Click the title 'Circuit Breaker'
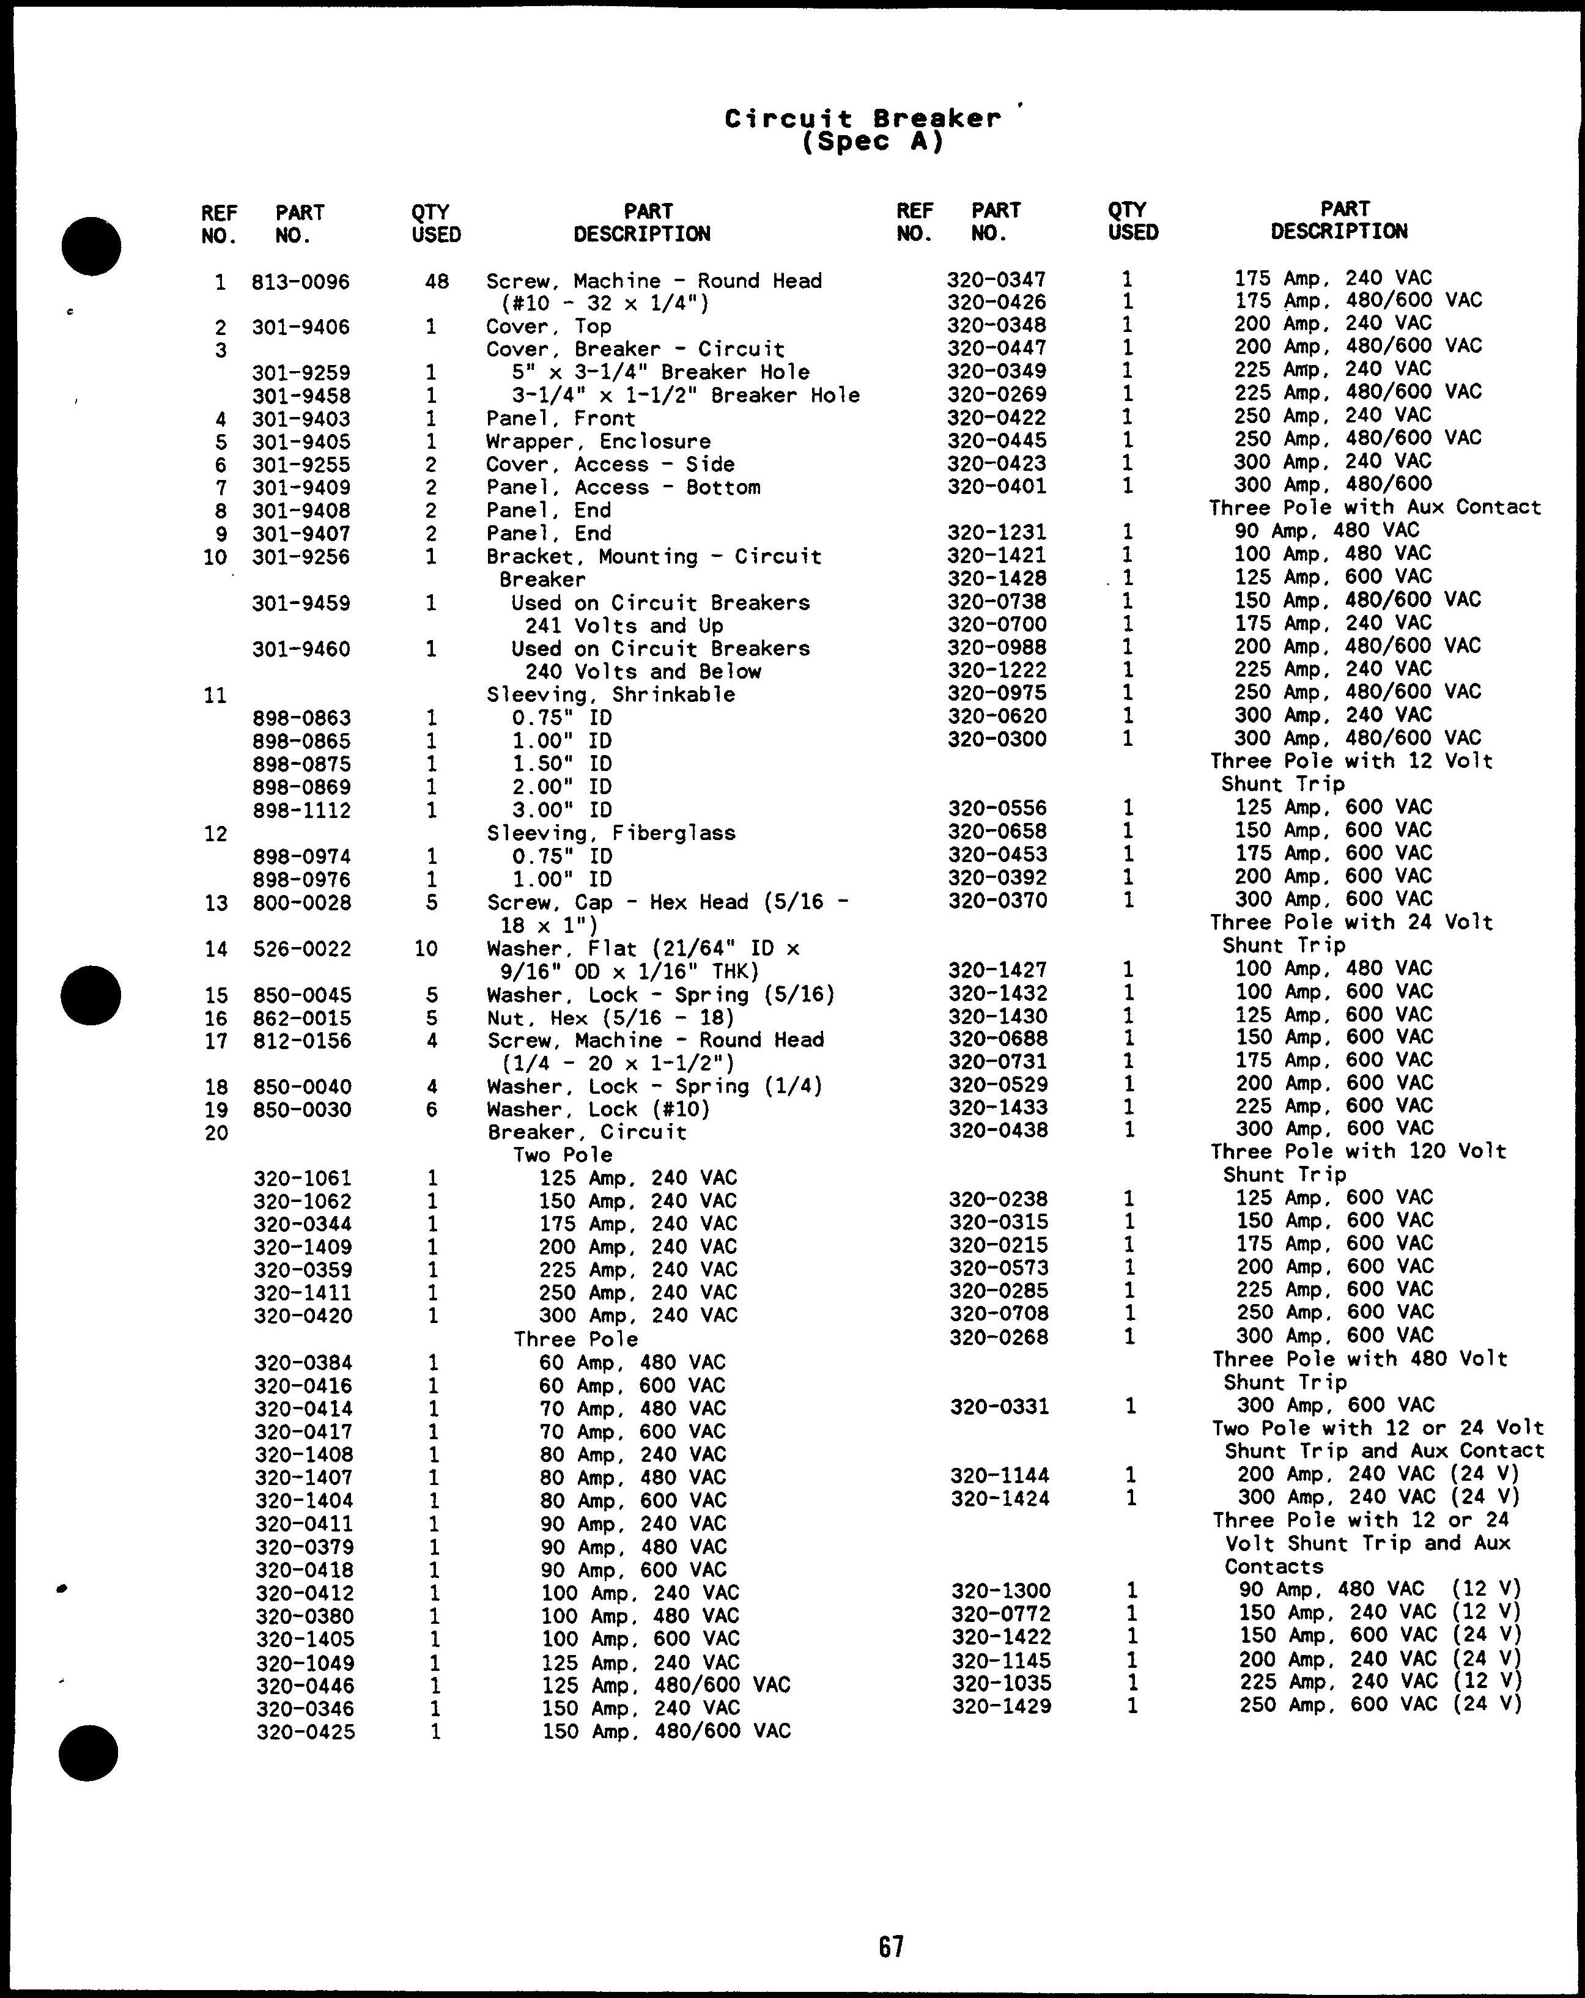863,119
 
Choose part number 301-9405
301,442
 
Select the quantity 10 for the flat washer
426,949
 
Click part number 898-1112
301,811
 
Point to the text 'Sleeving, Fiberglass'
611,833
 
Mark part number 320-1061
303,1179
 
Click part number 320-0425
305,1731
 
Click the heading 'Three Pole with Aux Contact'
1375,508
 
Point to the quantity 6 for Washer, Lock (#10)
432,1110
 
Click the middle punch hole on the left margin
91,995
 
